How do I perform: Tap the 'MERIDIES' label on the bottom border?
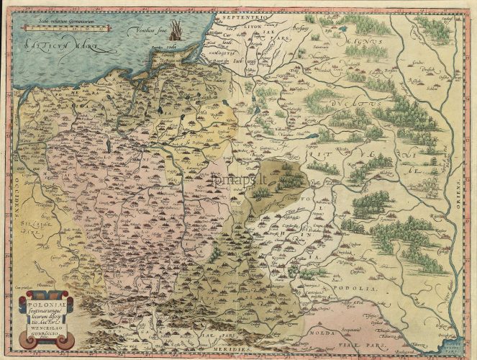[237, 347]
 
